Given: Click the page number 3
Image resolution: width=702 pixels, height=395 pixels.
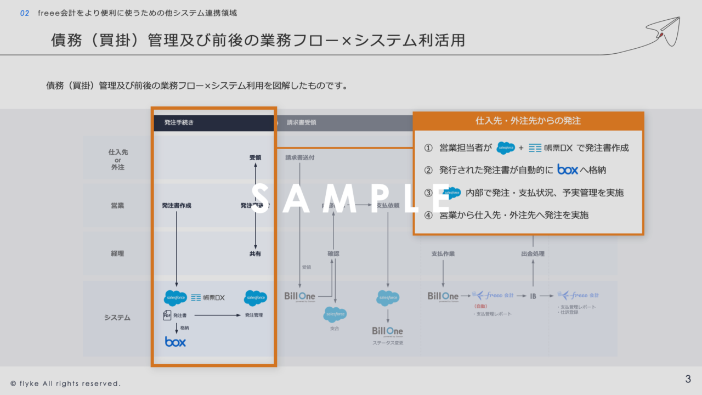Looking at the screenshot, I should (x=688, y=379).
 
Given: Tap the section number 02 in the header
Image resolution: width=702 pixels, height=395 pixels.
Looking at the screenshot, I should (x=25, y=13).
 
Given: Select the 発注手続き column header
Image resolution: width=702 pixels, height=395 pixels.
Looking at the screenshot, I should (x=179, y=123).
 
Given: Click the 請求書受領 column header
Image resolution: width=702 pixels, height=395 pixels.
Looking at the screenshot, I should (x=301, y=123).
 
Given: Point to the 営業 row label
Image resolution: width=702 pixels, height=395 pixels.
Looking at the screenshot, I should (x=117, y=206).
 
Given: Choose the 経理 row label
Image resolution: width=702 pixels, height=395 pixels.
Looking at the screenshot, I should (x=117, y=253).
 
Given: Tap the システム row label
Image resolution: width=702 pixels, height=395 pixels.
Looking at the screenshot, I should (x=117, y=318).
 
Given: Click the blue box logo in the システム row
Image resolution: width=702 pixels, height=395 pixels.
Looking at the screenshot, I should (x=175, y=342).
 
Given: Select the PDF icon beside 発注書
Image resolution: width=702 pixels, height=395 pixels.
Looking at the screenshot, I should (x=167, y=315).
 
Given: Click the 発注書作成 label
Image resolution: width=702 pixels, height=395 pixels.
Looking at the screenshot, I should (x=177, y=206).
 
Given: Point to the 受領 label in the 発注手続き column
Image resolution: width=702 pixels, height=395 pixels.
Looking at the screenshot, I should (x=255, y=157).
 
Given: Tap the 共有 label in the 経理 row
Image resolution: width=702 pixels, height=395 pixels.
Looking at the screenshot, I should (x=255, y=254).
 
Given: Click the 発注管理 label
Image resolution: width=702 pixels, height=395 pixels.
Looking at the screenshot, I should (x=253, y=315).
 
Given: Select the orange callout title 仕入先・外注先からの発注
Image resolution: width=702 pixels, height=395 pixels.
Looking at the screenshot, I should (x=528, y=121).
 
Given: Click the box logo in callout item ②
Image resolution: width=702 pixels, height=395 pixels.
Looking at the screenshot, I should (x=568, y=170).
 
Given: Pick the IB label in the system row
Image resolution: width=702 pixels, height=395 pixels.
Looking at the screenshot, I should (x=533, y=296).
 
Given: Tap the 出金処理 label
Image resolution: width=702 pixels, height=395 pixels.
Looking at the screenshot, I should (x=533, y=254).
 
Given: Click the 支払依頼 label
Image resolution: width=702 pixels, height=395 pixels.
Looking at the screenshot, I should (x=388, y=206).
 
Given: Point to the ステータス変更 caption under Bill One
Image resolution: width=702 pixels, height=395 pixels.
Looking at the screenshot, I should (x=388, y=343).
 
